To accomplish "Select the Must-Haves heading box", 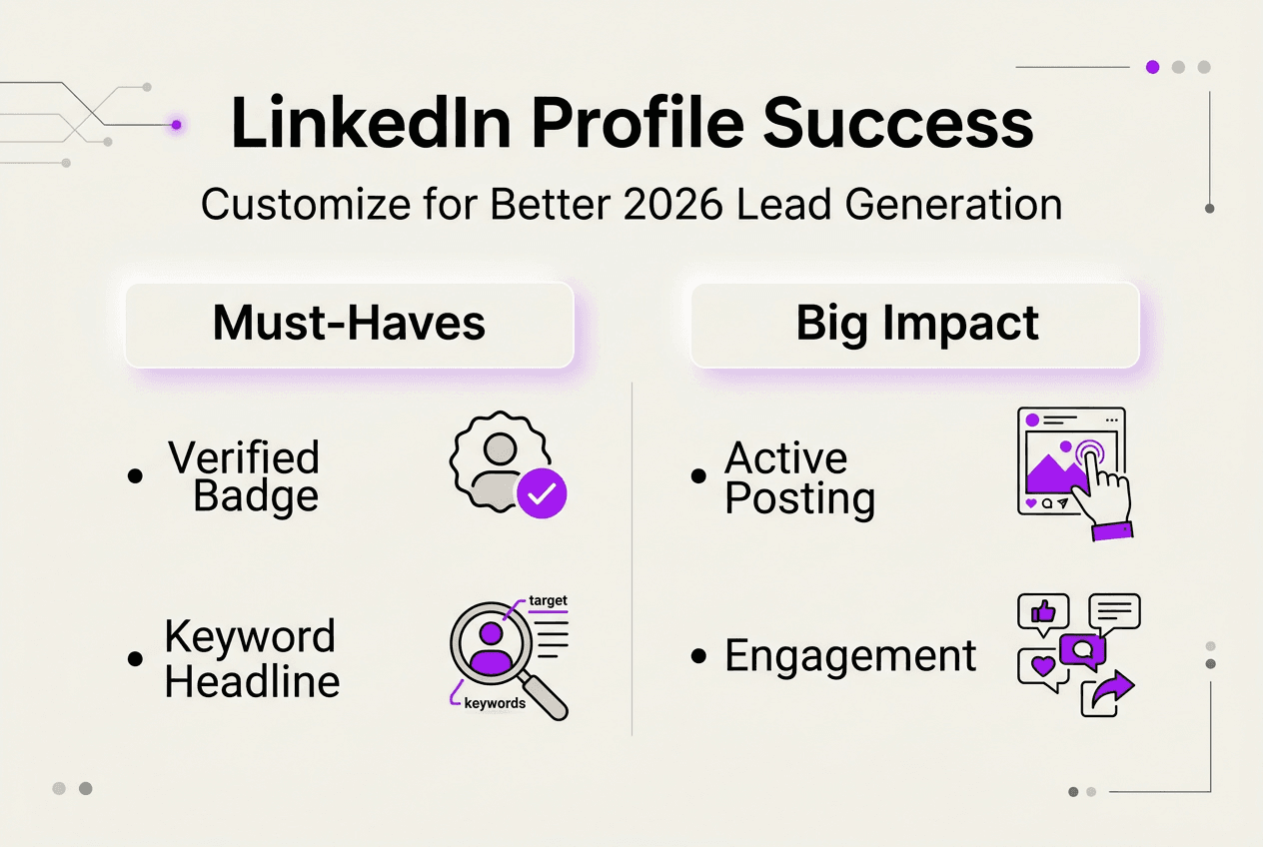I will point(349,325).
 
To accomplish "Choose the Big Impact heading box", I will point(915,325).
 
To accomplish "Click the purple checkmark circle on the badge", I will point(542,493).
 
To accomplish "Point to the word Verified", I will point(244,457).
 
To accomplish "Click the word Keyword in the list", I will point(250,636).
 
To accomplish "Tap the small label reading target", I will point(548,600).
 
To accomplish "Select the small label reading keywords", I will point(495,703).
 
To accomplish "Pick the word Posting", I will point(799,498).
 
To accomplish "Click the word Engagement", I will point(850,656).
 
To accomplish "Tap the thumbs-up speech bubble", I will point(1042,611).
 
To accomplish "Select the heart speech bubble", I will point(1042,667).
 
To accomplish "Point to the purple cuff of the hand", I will point(1111,530).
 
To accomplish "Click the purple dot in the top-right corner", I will point(1152,67).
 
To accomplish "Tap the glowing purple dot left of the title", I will point(176,125).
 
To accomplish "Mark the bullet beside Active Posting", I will point(699,476).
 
